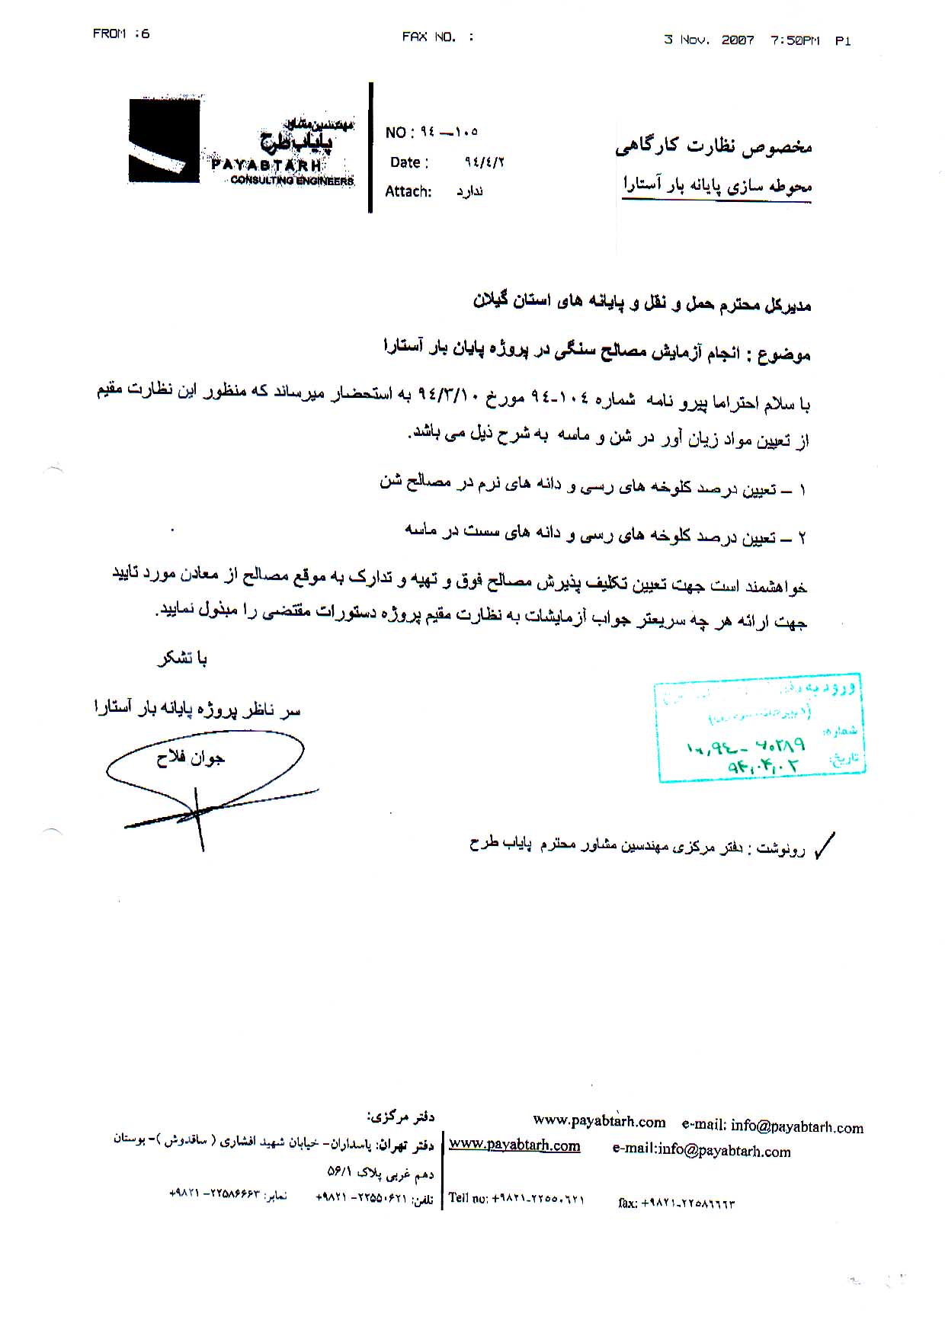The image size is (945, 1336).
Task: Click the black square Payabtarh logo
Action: (164, 140)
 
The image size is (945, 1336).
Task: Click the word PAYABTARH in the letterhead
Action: (267, 165)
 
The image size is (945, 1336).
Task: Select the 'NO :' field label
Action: (399, 133)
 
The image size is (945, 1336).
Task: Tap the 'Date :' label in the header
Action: (409, 162)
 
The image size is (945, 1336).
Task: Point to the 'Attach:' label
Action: (408, 191)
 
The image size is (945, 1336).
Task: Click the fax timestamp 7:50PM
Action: (795, 40)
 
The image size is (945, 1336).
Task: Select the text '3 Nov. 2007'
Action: (709, 40)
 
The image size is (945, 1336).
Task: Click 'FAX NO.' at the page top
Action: (429, 37)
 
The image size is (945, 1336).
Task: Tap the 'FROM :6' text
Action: (121, 34)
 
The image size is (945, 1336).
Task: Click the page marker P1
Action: (843, 41)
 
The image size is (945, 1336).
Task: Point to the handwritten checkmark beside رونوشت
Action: (824, 845)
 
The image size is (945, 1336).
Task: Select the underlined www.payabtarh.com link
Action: (514, 1145)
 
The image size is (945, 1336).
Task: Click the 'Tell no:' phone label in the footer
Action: (469, 1198)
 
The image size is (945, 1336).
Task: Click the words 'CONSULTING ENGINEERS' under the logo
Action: (292, 181)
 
